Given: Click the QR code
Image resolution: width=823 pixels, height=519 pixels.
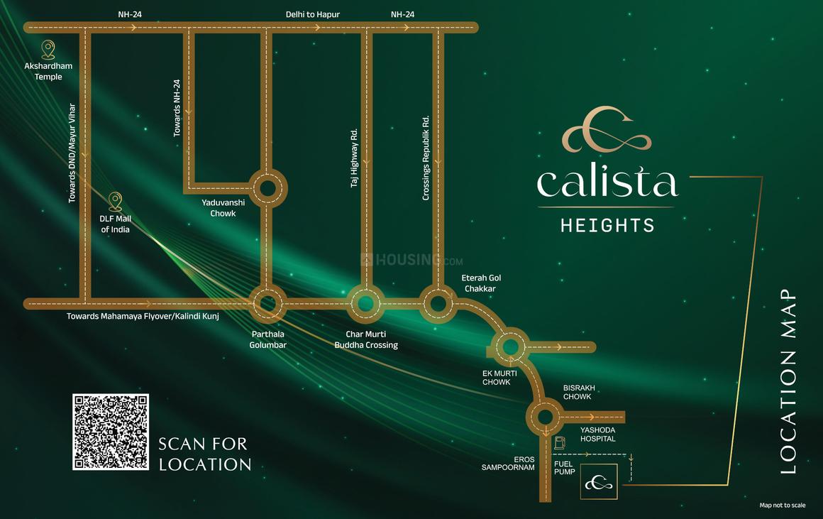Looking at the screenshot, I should pos(111,432).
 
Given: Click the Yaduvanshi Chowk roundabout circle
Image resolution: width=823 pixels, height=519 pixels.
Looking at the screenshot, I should pos(267,187).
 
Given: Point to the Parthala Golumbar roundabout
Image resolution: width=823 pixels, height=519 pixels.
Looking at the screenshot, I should pos(267,304).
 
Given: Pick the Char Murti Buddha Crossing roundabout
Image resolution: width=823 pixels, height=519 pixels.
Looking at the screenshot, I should pos(365,304).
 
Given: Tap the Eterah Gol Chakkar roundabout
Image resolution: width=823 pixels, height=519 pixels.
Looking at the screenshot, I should pos(438,304).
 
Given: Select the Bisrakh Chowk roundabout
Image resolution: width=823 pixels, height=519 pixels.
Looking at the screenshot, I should pos(545,417).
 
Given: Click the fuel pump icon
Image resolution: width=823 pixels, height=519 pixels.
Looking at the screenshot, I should pos(560,443).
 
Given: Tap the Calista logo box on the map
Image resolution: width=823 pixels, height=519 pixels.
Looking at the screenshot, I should pos(598,483).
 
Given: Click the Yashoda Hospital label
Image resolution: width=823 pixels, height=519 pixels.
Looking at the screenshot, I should pos(597,435).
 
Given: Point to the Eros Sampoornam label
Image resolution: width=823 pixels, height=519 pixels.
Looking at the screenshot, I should pos(508,464).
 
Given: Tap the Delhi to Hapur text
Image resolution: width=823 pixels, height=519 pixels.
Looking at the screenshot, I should pos(313,14).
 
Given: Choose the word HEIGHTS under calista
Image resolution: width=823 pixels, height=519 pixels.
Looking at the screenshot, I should pos(607,226).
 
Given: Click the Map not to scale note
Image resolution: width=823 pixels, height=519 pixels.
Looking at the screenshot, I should pos(782,506).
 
